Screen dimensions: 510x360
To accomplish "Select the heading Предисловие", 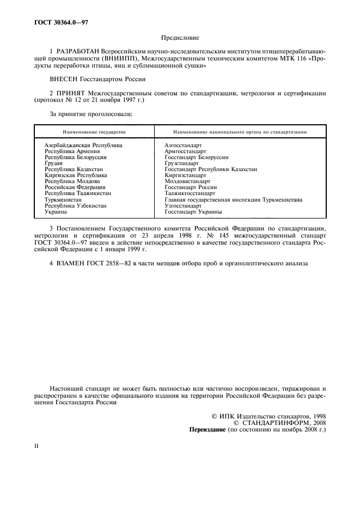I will point(180,38).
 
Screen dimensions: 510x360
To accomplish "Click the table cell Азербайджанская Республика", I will point(83,145).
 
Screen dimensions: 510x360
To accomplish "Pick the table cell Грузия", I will point(54,163).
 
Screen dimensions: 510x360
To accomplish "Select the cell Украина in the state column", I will point(56,211).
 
